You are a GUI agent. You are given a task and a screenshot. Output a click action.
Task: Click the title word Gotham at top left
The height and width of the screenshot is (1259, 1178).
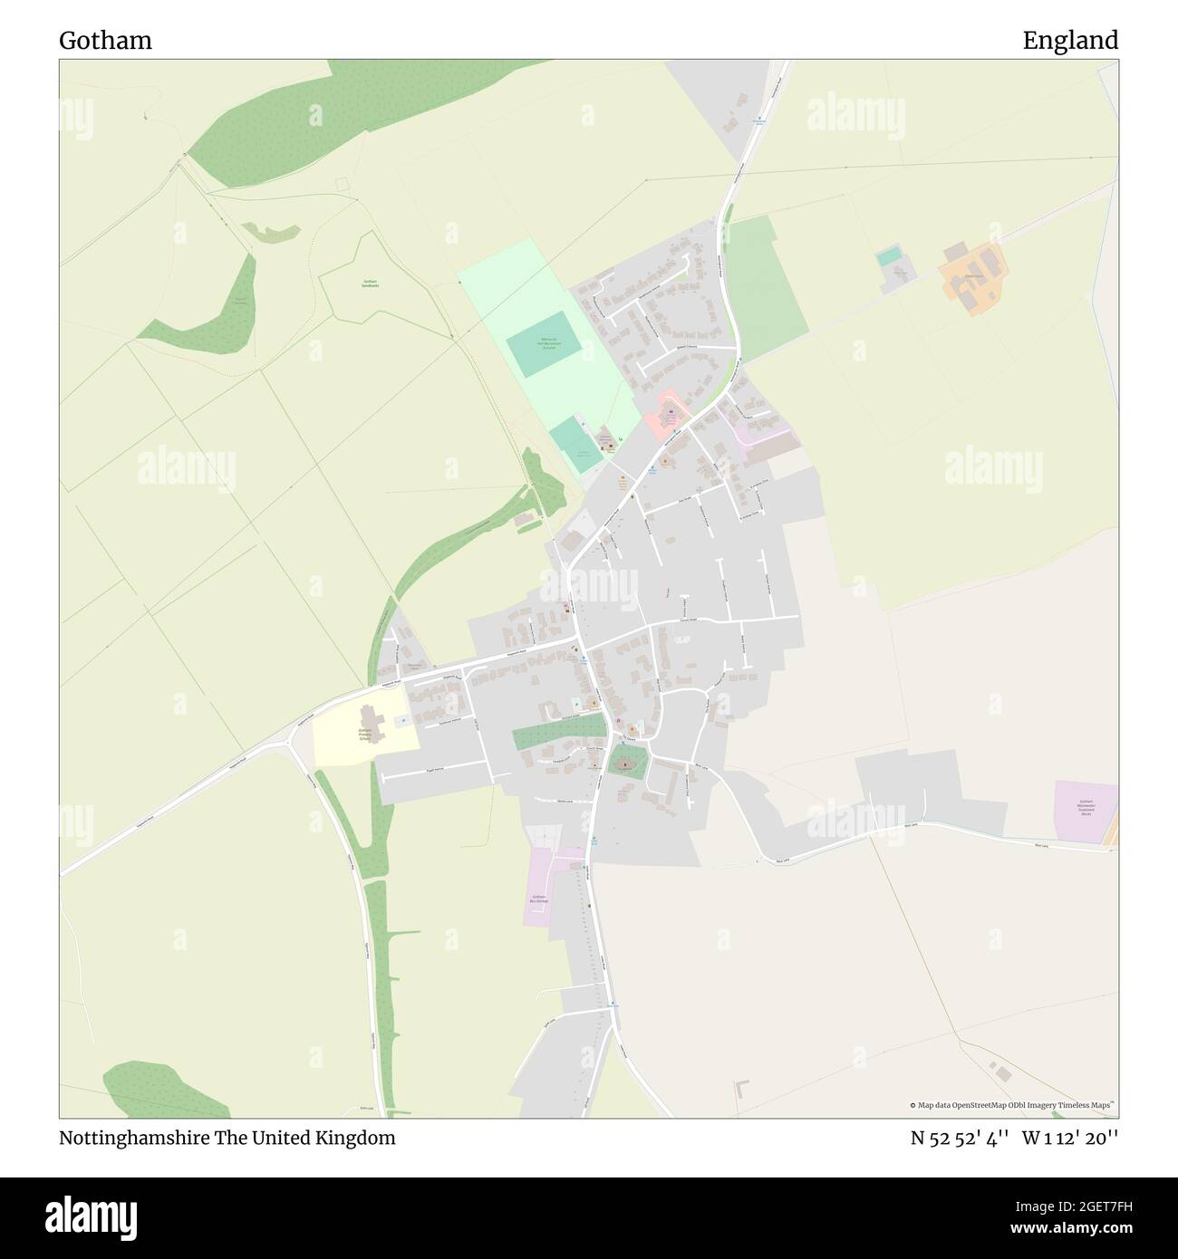(x=105, y=41)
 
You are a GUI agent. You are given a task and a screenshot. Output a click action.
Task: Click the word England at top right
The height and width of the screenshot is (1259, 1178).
(x=1070, y=41)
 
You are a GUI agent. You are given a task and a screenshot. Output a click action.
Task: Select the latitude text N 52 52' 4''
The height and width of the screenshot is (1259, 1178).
(x=961, y=1139)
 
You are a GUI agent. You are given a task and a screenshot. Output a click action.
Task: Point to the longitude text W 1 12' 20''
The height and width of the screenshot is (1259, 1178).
(x=1070, y=1139)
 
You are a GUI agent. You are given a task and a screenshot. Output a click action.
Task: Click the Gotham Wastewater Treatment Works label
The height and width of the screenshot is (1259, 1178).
(x=1086, y=807)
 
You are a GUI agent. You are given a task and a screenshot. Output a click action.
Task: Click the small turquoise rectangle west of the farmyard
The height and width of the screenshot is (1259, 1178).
(x=889, y=256)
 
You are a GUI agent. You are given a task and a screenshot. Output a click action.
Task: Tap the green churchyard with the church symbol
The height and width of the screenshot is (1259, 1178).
(x=625, y=763)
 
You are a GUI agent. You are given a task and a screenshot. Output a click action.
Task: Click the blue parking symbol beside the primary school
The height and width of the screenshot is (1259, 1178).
(x=400, y=721)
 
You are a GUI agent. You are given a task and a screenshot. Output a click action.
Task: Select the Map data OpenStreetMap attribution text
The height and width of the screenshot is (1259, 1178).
(x=1013, y=1105)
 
